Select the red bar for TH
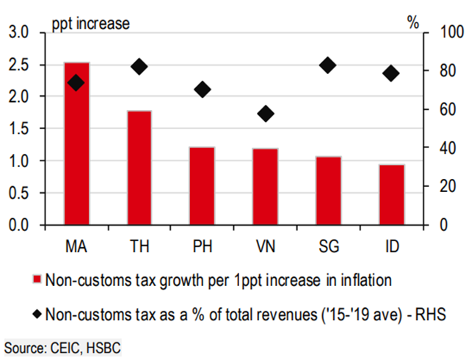coord(139,168)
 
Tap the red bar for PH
coord(203,186)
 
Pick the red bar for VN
coord(266,187)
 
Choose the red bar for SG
coord(329,191)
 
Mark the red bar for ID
coord(392,195)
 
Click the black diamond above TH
coord(139,67)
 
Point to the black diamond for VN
coord(266,113)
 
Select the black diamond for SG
coord(328,65)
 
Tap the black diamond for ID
coord(391,73)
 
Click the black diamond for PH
coord(203,89)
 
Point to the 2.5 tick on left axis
coord(20,65)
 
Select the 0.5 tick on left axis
coord(20,193)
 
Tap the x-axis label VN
coord(266,243)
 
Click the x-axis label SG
coord(329,243)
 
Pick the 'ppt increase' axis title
coord(90,23)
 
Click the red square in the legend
coord(36,280)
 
